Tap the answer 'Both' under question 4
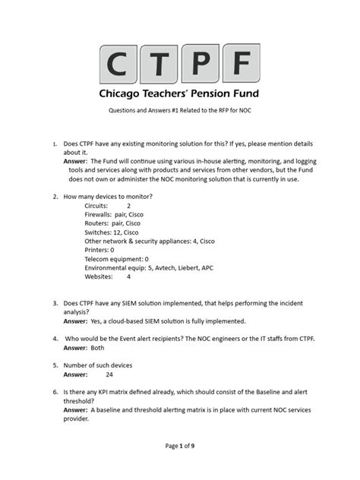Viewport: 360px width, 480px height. pyautogui.click(x=98, y=348)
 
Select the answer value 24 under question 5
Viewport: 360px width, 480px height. pyautogui.click(x=109, y=374)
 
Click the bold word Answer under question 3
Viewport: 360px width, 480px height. pyautogui.click(x=74, y=321)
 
